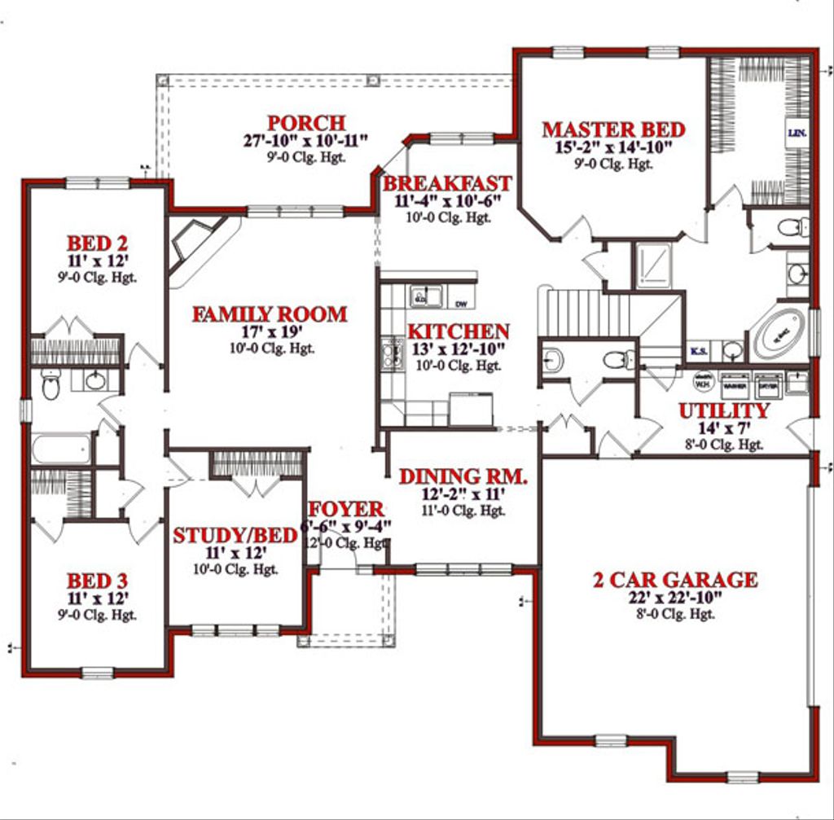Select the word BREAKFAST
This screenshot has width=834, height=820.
click(x=447, y=183)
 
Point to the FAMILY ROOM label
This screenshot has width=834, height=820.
click(x=270, y=314)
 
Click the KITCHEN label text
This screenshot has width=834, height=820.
click(x=459, y=332)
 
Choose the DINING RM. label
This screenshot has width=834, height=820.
click(x=463, y=477)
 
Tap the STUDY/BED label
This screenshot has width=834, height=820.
click(x=235, y=536)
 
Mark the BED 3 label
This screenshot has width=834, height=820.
click(x=97, y=581)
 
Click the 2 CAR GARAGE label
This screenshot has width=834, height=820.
click(x=674, y=581)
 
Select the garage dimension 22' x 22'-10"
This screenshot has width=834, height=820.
click(x=674, y=599)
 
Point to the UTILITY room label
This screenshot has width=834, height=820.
click(x=724, y=411)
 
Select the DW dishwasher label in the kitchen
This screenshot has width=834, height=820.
click(x=461, y=304)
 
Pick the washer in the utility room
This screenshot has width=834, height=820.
click(x=735, y=384)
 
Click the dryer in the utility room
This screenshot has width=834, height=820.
click(x=767, y=384)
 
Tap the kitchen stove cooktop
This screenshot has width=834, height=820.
click(x=389, y=355)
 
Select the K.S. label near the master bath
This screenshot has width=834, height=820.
click(x=698, y=352)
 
